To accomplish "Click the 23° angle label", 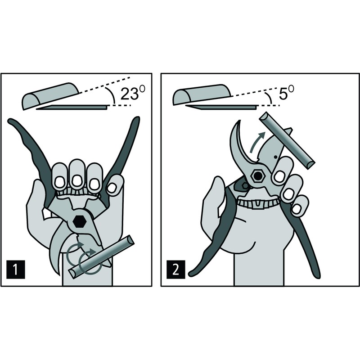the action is click(133, 93).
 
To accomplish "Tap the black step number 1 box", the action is click(16, 270).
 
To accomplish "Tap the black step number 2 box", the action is click(176, 270).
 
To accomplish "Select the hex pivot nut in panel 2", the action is click(258, 176).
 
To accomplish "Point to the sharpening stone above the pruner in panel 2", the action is click(287, 140).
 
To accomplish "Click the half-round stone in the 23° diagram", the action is click(50, 96).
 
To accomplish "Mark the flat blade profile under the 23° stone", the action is click(72, 107).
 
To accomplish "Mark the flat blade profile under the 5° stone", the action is click(221, 107).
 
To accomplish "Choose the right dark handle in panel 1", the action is click(121, 156).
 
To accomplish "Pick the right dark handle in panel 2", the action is click(303, 241).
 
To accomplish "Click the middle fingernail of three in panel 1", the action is click(76, 181).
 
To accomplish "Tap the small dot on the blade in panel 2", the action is click(275, 157).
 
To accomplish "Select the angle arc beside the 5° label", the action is click(269, 98).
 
